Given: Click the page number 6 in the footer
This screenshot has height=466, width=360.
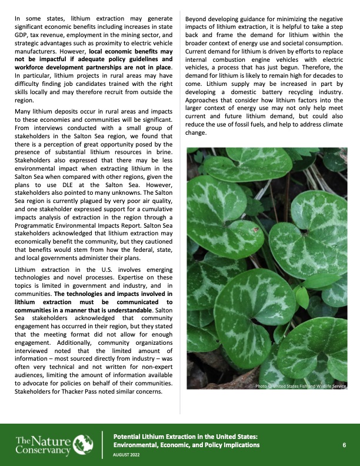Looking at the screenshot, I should click(344, 445).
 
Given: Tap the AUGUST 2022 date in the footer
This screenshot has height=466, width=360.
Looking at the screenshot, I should click(126, 455).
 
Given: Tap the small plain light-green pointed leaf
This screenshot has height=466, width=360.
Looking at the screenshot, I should click(302, 297).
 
